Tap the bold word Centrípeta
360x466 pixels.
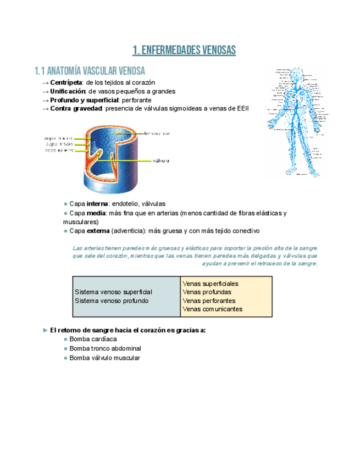(x=67, y=82)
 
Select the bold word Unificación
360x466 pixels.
(x=68, y=91)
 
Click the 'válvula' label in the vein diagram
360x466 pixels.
(x=160, y=161)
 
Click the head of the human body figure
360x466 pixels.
(x=296, y=75)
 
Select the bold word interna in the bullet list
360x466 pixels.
(x=97, y=204)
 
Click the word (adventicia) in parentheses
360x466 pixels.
(x=122, y=231)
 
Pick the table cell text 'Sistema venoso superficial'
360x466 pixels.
(x=113, y=292)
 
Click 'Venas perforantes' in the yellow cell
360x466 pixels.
(x=209, y=301)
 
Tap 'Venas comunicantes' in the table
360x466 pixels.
(x=212, y=309)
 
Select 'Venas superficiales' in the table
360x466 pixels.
(x=210, y=284)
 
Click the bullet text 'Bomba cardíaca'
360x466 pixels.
(x=93, y=340)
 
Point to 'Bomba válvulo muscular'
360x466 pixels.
(x=104, y=358)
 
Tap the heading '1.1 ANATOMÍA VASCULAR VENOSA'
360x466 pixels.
(x=90, y=71)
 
